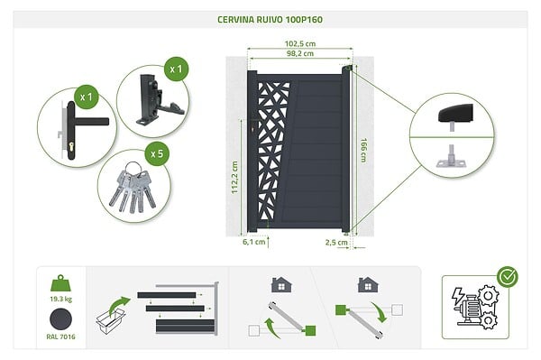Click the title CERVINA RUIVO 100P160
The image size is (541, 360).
coord(270,19)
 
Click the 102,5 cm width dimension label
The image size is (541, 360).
coord(300,44)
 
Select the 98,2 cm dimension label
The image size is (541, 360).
coord(300,53)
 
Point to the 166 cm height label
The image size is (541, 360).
coord(363,151)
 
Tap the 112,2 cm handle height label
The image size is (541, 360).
coord(234,178)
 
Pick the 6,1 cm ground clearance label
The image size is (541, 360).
coord(253,242)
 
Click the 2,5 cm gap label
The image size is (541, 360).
coord(336,243)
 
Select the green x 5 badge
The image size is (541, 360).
coord(157,154)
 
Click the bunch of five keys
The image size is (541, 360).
coord(133,188)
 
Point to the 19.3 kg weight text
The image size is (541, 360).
coord(60,299)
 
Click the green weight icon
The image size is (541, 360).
coord(60,283)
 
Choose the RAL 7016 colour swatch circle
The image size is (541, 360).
coord(60,319)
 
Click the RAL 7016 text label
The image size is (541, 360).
coord(60,337)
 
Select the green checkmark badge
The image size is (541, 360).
coord(507,277)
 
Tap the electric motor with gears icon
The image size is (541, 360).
coord(475,307)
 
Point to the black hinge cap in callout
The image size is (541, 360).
coord(455,115)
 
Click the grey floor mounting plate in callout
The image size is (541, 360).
coord(452,163)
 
